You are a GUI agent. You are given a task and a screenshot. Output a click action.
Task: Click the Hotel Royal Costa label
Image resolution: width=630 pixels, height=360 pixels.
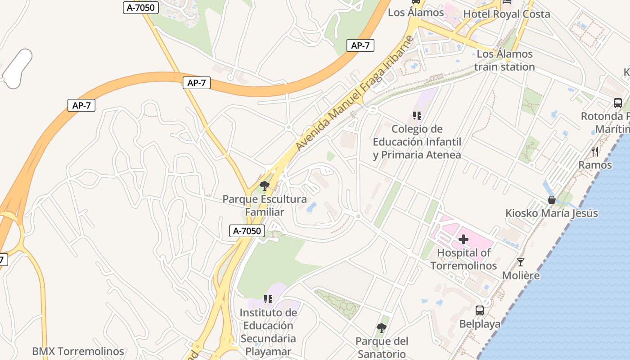507,14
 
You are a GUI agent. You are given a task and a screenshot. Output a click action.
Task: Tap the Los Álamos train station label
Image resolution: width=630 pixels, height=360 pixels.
504,60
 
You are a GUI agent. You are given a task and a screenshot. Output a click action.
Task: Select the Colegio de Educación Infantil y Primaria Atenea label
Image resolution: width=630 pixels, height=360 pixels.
417,142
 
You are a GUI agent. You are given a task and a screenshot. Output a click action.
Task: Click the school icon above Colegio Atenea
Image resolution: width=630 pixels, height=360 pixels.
417,116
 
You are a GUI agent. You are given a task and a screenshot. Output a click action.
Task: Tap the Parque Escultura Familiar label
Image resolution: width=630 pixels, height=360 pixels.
265,205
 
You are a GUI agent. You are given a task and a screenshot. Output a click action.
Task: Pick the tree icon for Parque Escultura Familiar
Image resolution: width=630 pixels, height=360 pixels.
265,185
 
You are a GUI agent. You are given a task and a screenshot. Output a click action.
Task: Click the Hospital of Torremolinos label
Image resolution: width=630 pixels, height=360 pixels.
463,259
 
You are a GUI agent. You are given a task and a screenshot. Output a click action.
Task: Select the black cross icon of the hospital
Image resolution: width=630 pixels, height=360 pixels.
463,239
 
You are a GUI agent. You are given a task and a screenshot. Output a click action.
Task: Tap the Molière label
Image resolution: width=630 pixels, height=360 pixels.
521,275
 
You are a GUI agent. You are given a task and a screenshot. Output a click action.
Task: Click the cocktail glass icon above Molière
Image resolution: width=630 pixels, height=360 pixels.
521,262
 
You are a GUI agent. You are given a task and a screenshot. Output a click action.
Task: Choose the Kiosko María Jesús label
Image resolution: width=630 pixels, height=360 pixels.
552,213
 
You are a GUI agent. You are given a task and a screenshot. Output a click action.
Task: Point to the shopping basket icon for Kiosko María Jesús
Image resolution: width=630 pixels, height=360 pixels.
552,200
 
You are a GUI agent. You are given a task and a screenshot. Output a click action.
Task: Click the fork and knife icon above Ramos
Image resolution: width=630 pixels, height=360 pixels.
595,151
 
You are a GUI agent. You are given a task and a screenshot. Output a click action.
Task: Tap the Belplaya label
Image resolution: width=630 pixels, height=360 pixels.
480,324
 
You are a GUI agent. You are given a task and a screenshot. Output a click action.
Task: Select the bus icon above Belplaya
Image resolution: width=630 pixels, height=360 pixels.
480,310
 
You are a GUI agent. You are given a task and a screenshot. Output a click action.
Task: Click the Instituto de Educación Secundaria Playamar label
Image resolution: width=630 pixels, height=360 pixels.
268,332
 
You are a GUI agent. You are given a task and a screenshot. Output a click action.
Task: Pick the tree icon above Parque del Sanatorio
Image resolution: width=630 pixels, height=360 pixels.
382,328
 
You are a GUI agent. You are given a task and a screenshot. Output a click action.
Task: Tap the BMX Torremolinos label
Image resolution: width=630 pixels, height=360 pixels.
78,351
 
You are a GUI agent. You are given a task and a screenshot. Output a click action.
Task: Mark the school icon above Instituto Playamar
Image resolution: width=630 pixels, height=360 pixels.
268,299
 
